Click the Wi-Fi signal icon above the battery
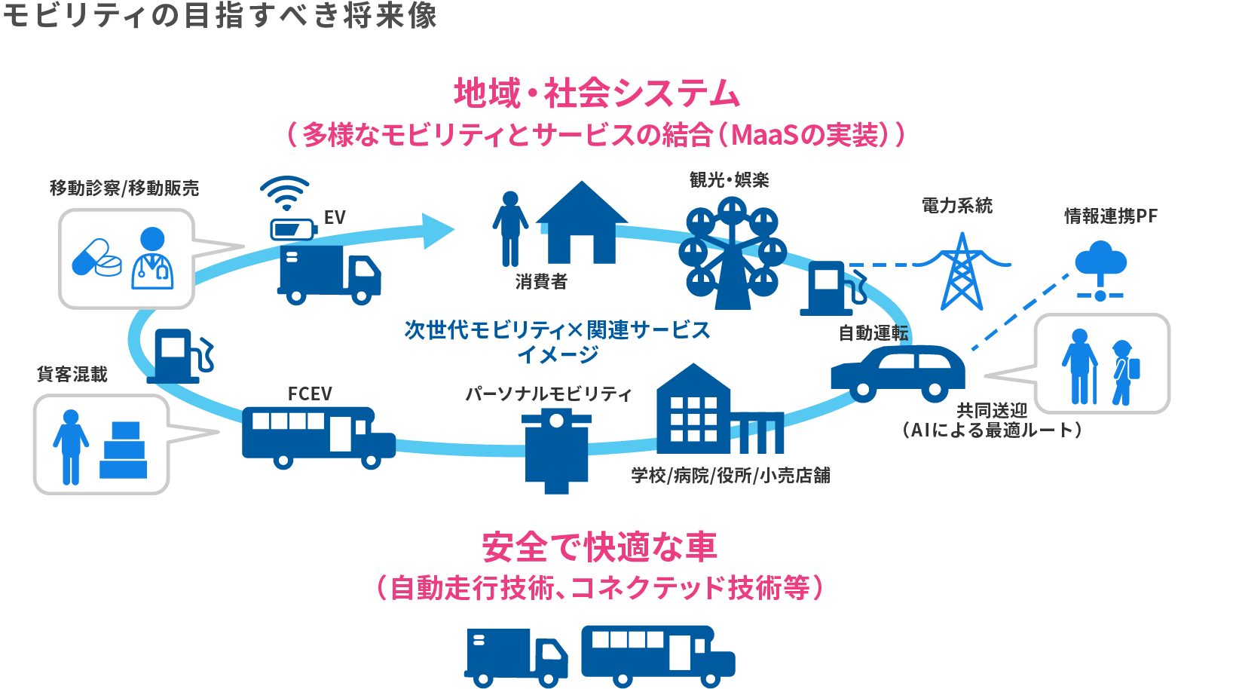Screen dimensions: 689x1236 click(285, 192)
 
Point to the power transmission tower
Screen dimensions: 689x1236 click(962, 271)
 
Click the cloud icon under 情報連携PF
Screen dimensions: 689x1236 click(1100, 261)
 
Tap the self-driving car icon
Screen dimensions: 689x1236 click(898, 372)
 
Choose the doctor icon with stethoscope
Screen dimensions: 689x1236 click(152, 258)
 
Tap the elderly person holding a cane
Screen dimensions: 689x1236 click(1081, 366)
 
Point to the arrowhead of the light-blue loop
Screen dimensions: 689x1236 click(438, 231)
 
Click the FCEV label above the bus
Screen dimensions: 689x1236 click(310, 393)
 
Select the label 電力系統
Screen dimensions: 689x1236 click(957, 205)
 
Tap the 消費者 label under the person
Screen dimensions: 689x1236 click(541, 281)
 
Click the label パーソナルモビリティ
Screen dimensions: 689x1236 click(548, 393)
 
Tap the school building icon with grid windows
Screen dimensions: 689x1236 click(693, 411)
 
